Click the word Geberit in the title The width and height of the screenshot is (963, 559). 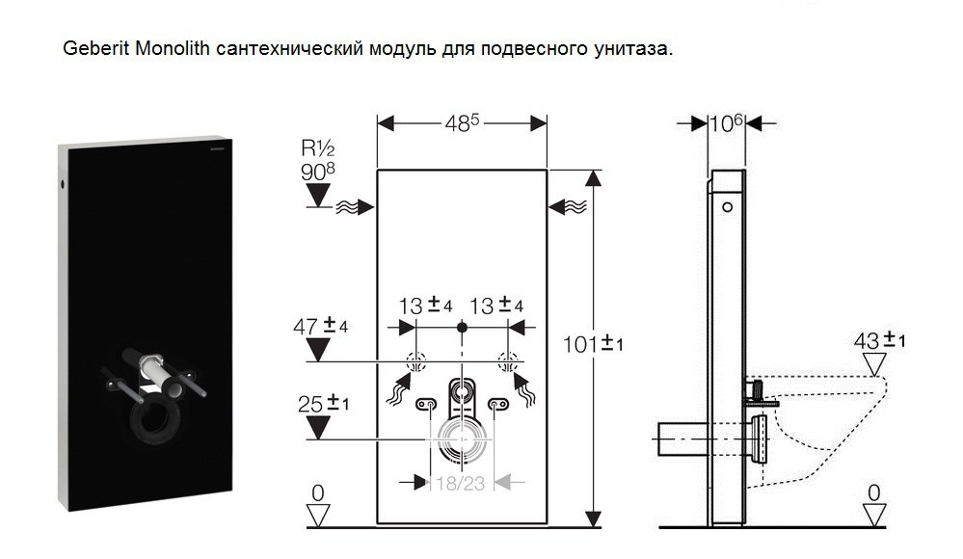click(95, 48)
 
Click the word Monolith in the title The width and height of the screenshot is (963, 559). click(173, 48)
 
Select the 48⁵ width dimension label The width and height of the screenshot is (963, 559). click(462, 122)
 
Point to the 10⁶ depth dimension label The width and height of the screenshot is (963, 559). click(727, 122)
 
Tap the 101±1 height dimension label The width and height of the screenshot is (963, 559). click(593, 344)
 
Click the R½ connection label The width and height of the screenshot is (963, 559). click(317, 148)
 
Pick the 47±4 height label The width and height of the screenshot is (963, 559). click(321, 326)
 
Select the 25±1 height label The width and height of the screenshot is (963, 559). click(324, 404)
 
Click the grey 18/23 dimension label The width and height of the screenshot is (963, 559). click(461, 484)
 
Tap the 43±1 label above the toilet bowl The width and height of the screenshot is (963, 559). click(879, 340)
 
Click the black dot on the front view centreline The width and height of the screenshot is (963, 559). click(462, 328)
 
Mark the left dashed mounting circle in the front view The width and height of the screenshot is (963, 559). click(415, 361)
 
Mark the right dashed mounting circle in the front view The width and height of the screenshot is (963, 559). click(508, 361)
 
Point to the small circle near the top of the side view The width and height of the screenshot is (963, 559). click(727, 207)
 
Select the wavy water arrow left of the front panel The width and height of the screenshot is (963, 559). click(355, 207)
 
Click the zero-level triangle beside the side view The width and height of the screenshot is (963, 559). click(874, 514)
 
